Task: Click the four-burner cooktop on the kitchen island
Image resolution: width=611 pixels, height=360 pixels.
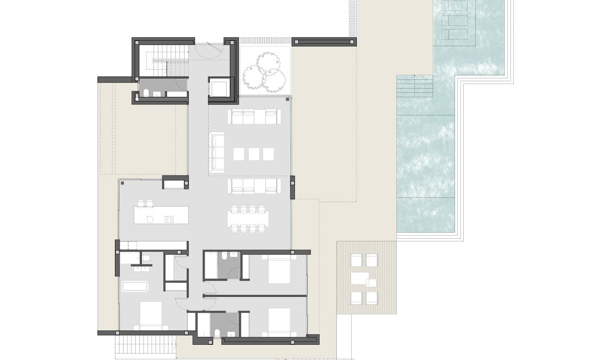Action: pyautogui.click(x=169, y=219)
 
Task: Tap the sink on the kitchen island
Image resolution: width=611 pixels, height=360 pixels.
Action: pyautogui.click(x=150, y=219)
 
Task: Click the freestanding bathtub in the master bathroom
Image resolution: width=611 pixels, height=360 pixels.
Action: pyautogui.click(x=134, y=286)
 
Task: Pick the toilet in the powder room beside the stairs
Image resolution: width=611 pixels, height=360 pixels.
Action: pyautogui.click(x=146, y=94)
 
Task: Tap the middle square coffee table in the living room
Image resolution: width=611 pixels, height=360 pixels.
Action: pyautogui.click(x=253, y=154)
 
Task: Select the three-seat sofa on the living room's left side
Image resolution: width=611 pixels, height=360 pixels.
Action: pyautogui.click(x=217, y=150)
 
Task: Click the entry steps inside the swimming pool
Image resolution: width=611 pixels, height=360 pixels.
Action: pyautogui.click(x=414, y=86)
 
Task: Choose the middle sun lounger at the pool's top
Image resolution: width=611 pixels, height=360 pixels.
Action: pyautogui.click(x=454, y=20)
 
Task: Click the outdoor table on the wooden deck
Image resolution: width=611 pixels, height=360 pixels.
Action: pyautogui.click(x=360, y=279)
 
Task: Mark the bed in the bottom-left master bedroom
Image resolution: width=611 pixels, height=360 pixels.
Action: pyautogui.click(x=150, y=316)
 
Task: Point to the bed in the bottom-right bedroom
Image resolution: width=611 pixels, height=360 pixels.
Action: pyautogui.click(x=279, y=322)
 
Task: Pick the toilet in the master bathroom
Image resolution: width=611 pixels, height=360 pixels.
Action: pyautogui.click(x=145, y=258)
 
